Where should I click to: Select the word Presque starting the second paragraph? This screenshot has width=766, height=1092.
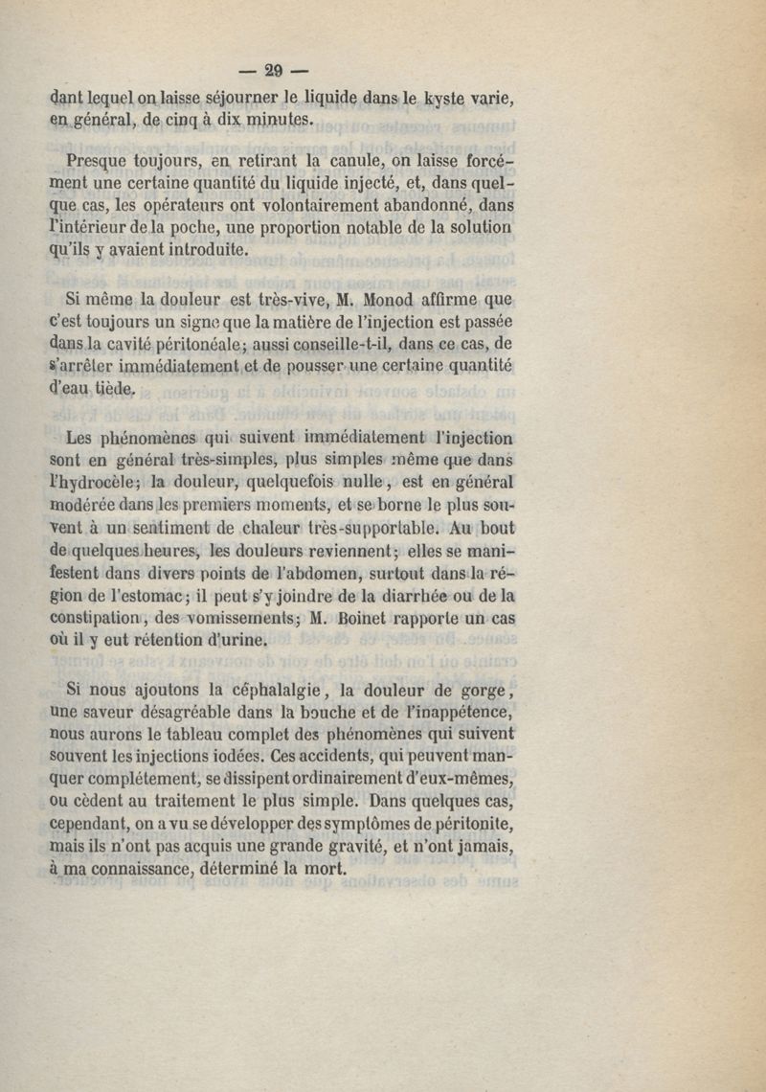tap(102, 158)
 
